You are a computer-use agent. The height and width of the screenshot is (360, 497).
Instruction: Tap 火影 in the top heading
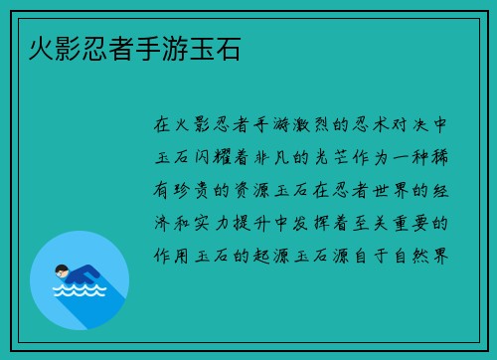(x=43, y=47)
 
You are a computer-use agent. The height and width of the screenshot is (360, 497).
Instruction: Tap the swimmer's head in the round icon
(x=63, y=269)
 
